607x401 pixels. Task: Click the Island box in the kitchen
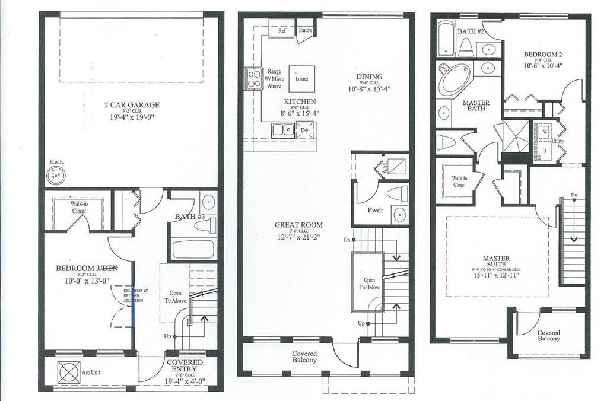pyautogui.click(x=302, y=78)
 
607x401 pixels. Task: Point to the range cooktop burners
pyautogui.click(x=253, y=78)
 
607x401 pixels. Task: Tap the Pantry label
pyautogui.click(x=306, y=30)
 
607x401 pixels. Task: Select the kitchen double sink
pyautogui.click(x=283, y=129)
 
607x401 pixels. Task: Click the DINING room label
pyautogui.click(x=369, y=77)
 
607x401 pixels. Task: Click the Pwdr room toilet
pyautogui.click(x=397, y=193)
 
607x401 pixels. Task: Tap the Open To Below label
pyautogui.click(x=368, y=283)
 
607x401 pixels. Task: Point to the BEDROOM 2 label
pyautogui.click(x=542, y=55)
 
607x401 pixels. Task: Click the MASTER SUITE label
pyautogui.click(x=496, y=259)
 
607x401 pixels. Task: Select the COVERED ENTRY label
pyautogui.click(x=185, y=362)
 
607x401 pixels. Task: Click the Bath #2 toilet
pyautogui.click(x=466, y=46)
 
